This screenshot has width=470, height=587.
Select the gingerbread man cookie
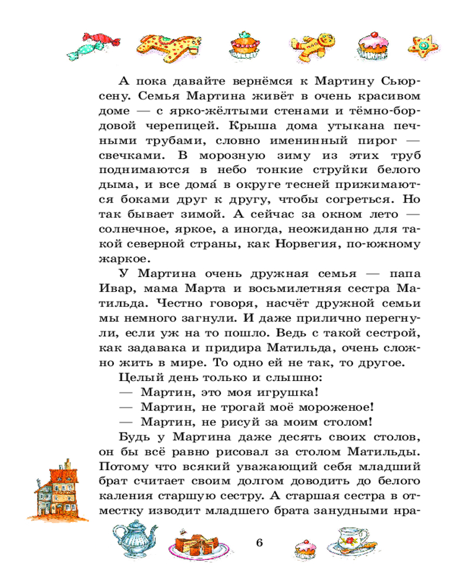[314, 43]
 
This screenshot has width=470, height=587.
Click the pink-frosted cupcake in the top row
[371, 45]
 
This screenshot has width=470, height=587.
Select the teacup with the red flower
[352, 539]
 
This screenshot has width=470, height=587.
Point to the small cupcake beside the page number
[306, 548]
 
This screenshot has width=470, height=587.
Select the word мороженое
[338, 406]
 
